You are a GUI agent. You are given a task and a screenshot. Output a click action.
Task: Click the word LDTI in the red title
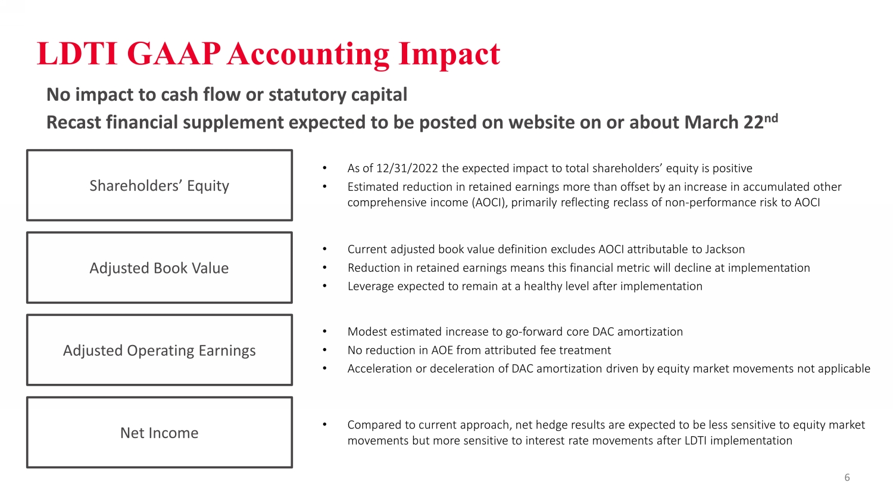[x=77, y=54]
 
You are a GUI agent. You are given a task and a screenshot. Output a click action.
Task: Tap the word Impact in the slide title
[x=449, y=55]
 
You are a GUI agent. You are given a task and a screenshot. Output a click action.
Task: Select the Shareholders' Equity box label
[x=159, y=186]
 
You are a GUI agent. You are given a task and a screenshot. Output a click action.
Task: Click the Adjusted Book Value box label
[x=159, y=268]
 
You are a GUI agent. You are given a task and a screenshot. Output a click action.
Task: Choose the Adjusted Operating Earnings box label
[x=159, y=350]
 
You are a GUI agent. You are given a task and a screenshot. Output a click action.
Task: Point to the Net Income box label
[x=159, y=433]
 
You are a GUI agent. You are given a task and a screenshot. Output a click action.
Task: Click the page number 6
[x=847, y=477]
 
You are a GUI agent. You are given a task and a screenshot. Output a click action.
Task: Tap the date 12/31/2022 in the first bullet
[x=407, y=169]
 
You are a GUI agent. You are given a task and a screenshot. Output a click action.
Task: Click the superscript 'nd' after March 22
[x=771, y=119]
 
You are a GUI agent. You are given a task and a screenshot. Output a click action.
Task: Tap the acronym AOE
[x=442, y=350]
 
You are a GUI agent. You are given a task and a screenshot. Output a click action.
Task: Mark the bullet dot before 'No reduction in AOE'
[x=325, y=350]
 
